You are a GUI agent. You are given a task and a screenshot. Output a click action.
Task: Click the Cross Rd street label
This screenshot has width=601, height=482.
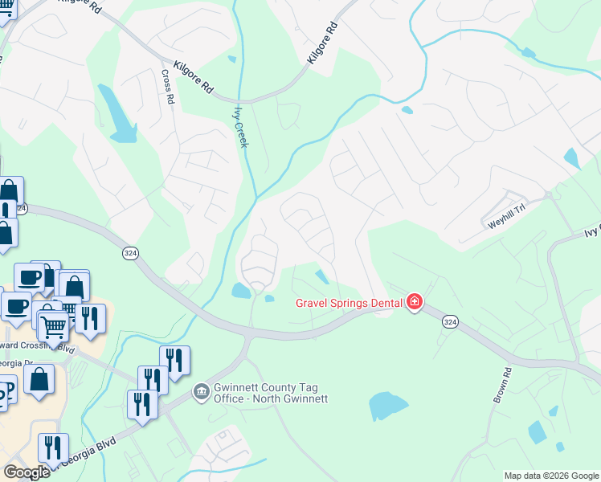pos(168,88)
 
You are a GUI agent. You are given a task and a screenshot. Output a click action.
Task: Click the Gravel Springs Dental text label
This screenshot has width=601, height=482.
pos(350,303)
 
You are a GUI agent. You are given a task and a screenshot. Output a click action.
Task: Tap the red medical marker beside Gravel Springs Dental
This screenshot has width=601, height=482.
pos(415,303)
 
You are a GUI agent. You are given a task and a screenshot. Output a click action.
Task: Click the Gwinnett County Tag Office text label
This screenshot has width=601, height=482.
pos(270,393)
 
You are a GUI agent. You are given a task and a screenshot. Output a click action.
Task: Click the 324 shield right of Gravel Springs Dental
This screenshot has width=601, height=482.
pos(452,321)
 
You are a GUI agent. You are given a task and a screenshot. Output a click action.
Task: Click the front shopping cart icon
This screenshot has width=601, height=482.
pos(53,327)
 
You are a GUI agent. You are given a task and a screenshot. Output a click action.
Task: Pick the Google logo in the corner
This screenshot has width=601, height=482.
pos(27,472)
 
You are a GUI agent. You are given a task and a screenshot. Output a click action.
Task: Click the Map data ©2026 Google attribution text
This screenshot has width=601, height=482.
pos(550,476)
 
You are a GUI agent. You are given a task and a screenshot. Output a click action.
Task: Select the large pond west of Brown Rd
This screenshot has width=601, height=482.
pos(388,406)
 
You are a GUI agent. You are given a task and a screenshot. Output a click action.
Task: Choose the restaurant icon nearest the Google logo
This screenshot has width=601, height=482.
pos(53,448)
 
